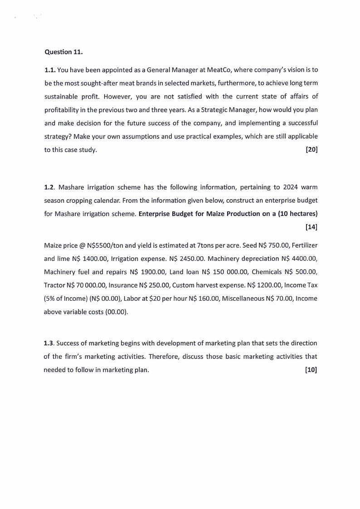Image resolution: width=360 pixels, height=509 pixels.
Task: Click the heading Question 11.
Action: pos(63,52)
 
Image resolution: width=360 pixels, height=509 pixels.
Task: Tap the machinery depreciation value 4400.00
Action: pos(302,259)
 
